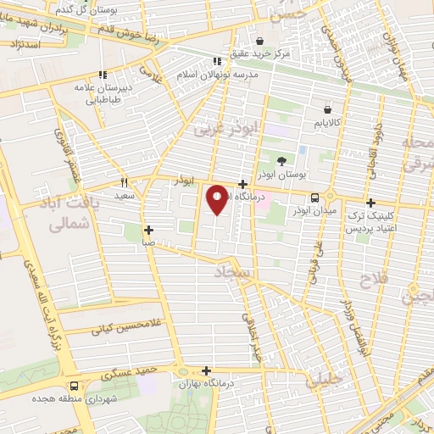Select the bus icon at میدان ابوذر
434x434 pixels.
[x=315, y=197]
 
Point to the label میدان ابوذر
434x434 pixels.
[x=315, y=210]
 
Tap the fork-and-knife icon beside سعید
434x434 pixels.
[x=124, y=182]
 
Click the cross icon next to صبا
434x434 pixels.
[x=148, y=230]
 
